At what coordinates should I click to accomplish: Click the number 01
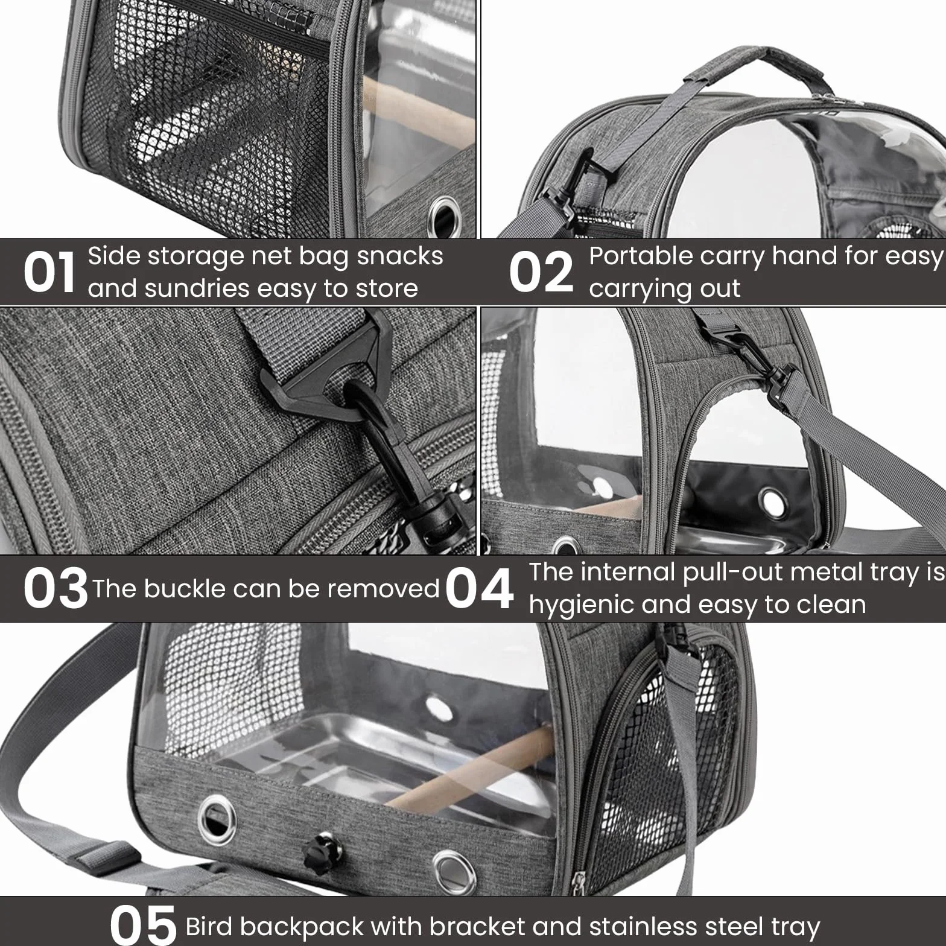pos(49,272)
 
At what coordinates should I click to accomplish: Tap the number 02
pos(541,272)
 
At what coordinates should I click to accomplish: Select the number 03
pos(56,588)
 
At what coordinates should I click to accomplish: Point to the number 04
pos(480,588)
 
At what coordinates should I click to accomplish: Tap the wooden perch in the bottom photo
pos(471,766)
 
